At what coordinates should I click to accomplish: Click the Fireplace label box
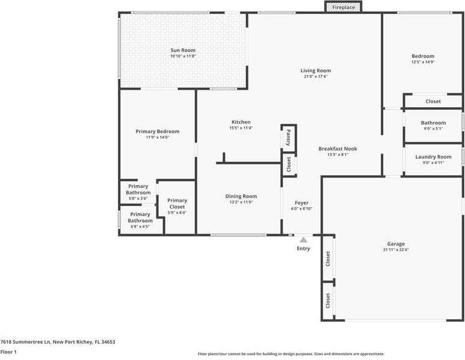pos(344,7)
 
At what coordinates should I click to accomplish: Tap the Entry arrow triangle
pos(303,240)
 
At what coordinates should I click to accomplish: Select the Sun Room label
pos(183,51)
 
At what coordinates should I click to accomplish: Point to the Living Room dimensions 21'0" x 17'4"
pos(316,77)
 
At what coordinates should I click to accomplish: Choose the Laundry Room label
pos(433,157)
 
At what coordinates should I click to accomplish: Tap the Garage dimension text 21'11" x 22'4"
pos(396,250)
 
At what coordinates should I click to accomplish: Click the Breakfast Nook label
pos(337,148)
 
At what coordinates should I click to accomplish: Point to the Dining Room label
pos(241,196)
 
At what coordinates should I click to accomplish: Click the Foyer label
pos(301,203)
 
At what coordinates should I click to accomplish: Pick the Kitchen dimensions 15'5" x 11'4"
pos(240,128)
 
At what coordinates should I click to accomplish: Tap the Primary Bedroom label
pos(158,131)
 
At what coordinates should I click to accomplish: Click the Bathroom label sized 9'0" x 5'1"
pos(433,123)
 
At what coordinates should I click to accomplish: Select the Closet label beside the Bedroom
pos(433,102)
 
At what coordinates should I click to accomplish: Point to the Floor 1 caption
pos(8,352)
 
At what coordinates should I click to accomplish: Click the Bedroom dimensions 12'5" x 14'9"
pos(422,62)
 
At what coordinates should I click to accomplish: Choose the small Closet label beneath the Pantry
pos(289,163)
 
